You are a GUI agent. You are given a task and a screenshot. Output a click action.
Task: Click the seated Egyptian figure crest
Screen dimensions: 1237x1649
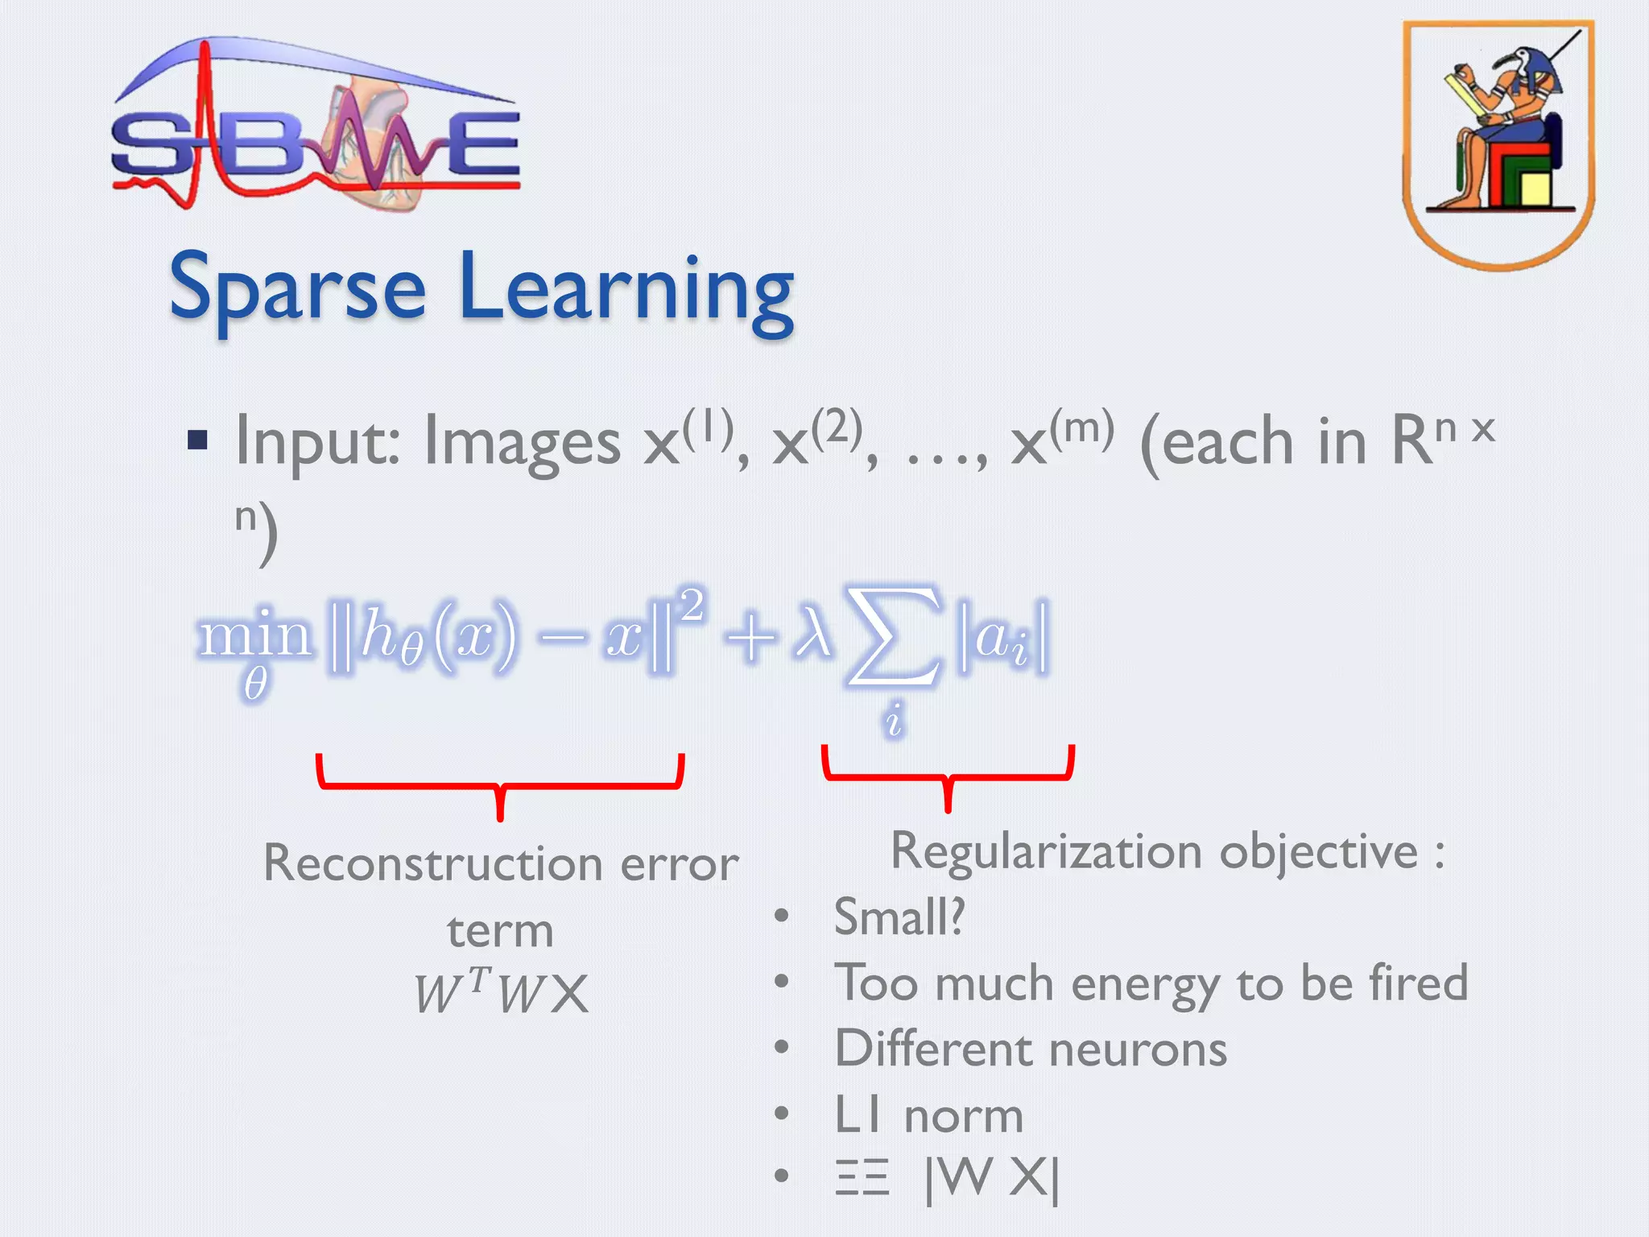tap(1498, 143)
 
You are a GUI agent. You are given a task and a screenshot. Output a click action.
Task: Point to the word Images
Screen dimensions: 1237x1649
tap(522, 443)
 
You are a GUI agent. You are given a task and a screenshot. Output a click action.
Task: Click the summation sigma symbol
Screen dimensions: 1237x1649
tap(894, 636)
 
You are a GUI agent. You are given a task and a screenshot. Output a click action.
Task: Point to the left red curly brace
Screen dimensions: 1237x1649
tap(500, 784)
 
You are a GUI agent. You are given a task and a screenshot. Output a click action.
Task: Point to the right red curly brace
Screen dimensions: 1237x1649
tap(948, 776)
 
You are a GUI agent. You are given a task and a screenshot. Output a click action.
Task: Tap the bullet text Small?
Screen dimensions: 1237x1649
tap(899, 916)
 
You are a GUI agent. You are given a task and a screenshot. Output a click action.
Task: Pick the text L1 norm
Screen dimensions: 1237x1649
tap(928, 1116)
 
